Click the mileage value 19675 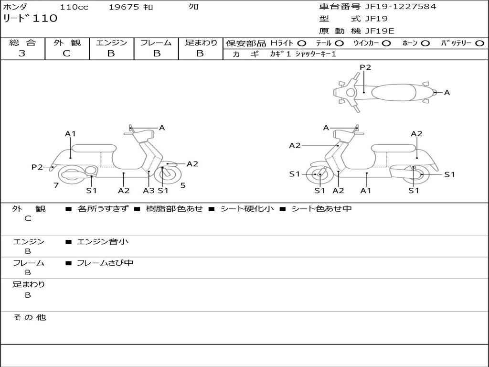pos(124,7)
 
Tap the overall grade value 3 pos(21,54)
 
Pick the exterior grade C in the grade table pos(66,54)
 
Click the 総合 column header pos(22,43)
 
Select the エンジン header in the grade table pos(111,43)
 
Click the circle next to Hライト pos(302,43)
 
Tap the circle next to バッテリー pos(479,43)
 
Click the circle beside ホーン pos(425,43)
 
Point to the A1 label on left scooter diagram pos(71,134)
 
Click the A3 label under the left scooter pos(149,191)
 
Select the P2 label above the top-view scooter pos(365,67)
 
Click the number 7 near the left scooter pos(56,185)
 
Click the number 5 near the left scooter pos(183,185)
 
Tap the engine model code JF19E pos(379,32)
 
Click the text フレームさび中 pos(105,263)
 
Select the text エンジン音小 pos(103,242)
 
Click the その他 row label pos(29,317)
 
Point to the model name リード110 pos(30,19)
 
